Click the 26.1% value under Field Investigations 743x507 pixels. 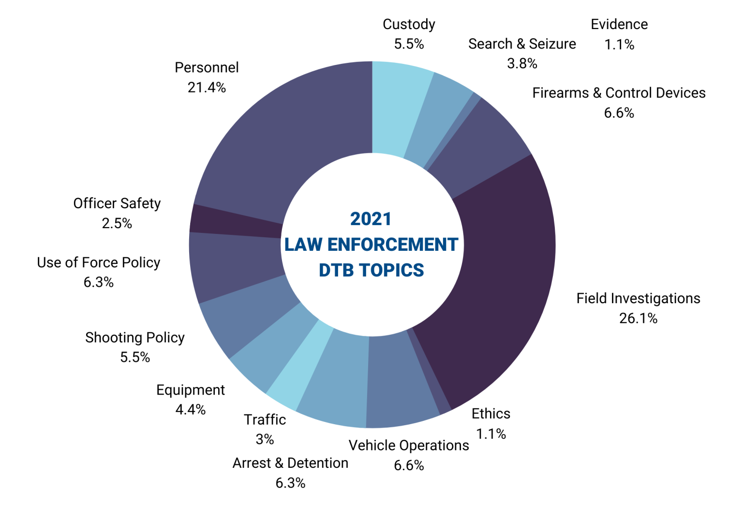[x=638, y=319]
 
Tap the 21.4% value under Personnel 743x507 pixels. [x=207, y=88]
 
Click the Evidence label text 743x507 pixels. [x=619, y=24]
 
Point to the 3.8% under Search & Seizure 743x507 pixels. [x=522, y=63]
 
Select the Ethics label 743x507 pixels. [x=490, y=414]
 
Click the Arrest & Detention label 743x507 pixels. [x=290, y=463]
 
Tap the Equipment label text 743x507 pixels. [x=190, y=390]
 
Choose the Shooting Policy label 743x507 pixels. [x=135, y=338]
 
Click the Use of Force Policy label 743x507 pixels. [x=99, y=262]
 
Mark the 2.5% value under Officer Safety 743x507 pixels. [x=117, y=223]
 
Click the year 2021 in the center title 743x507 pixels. [x=371, y=219]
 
